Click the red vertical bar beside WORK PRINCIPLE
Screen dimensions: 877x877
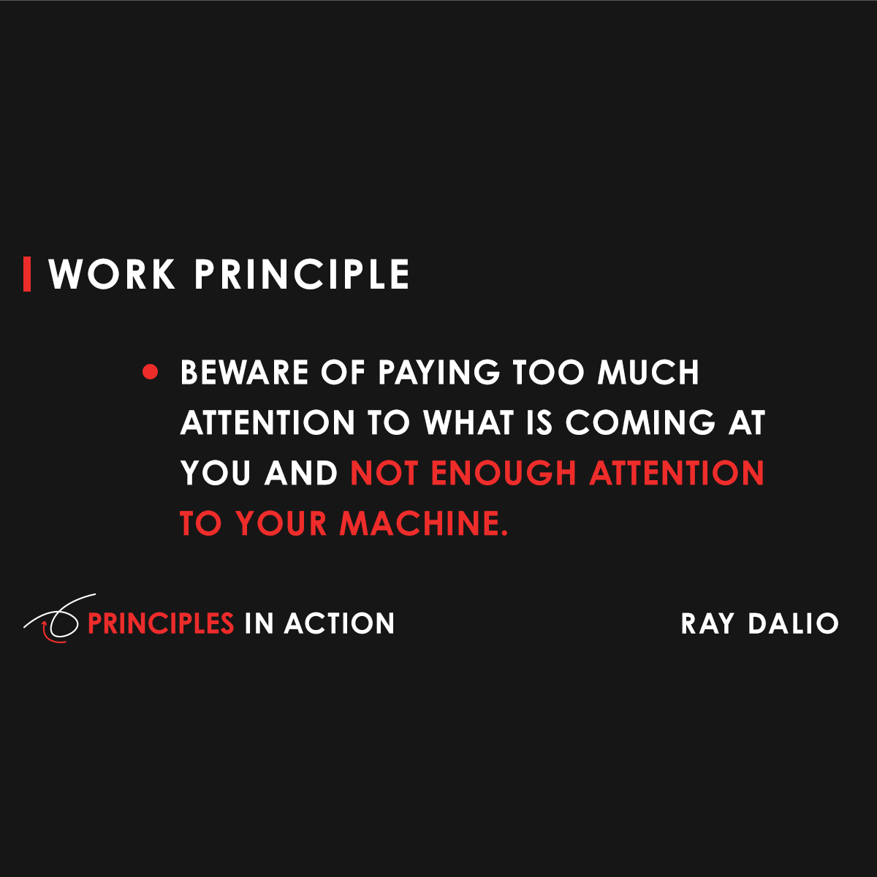[x=27, y=274]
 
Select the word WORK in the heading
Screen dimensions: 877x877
[x=112, y=275]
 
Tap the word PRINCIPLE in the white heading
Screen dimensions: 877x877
[x=302, y=275]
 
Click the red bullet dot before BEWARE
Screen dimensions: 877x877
[x=151, y=372]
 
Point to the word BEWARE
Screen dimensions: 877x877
[x=245, y=373]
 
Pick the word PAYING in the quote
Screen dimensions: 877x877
[x=438, y=373]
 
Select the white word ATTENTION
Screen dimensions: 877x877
[x=267, y=423]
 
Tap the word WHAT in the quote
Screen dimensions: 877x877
[x=468, y=423]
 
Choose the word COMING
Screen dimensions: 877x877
[x=640, y=423]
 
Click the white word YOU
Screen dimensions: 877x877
[x=217, y=474]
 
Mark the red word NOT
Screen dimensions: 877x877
[x=384, y=474]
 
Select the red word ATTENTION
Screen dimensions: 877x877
[x=677, y=474]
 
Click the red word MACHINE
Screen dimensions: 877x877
[x=423, y=524]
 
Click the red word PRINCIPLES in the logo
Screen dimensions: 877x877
[x=161, y=623]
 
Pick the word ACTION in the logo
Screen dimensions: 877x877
[x=340, y=623]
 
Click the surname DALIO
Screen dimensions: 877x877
[x=794, y=623]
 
